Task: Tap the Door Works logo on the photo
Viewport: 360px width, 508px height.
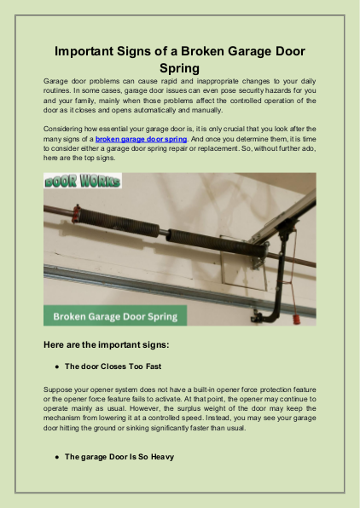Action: click(83, 182)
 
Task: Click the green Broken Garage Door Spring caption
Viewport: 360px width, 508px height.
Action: click(115, 316)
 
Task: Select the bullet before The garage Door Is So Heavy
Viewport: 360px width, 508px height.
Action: click(56, 457)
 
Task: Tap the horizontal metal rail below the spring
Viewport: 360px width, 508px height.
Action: click(128, 277)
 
